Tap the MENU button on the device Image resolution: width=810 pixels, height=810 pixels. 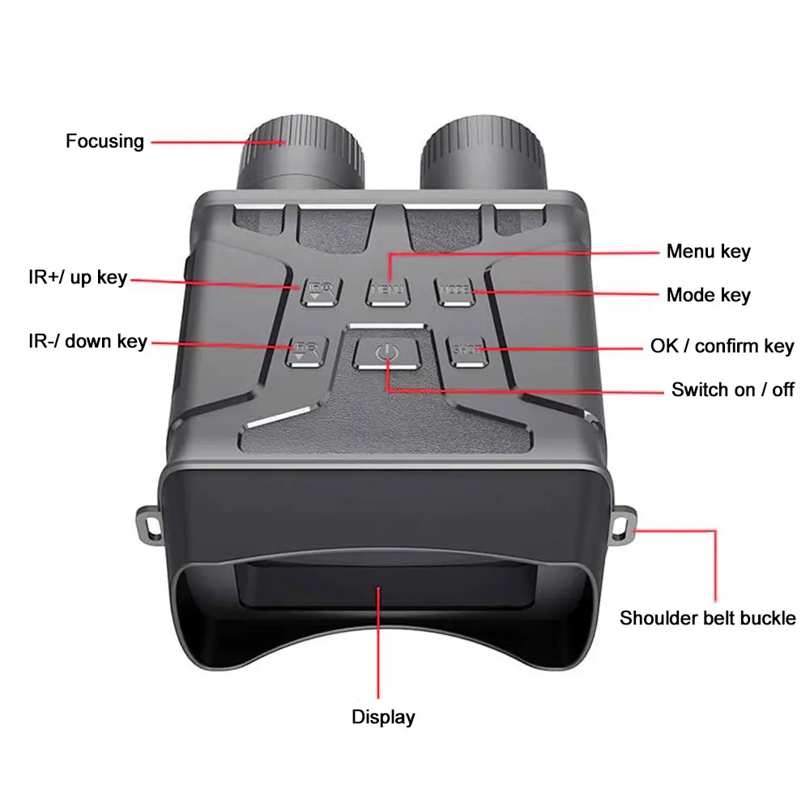point(388,289)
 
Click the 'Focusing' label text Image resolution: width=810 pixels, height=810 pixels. point(104,141)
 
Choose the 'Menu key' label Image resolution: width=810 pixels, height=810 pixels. point(708,251)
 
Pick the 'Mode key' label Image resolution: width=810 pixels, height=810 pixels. point(708,295)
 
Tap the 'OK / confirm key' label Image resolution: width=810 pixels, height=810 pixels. point(722,347)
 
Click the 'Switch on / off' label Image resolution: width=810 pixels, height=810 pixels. point(732,390)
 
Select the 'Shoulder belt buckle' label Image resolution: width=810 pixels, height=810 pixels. point(707,618)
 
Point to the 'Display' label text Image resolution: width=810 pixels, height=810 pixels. point(383,716)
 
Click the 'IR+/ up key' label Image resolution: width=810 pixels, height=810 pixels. point(78,277)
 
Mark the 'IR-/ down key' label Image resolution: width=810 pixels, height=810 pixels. point(87,340)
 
